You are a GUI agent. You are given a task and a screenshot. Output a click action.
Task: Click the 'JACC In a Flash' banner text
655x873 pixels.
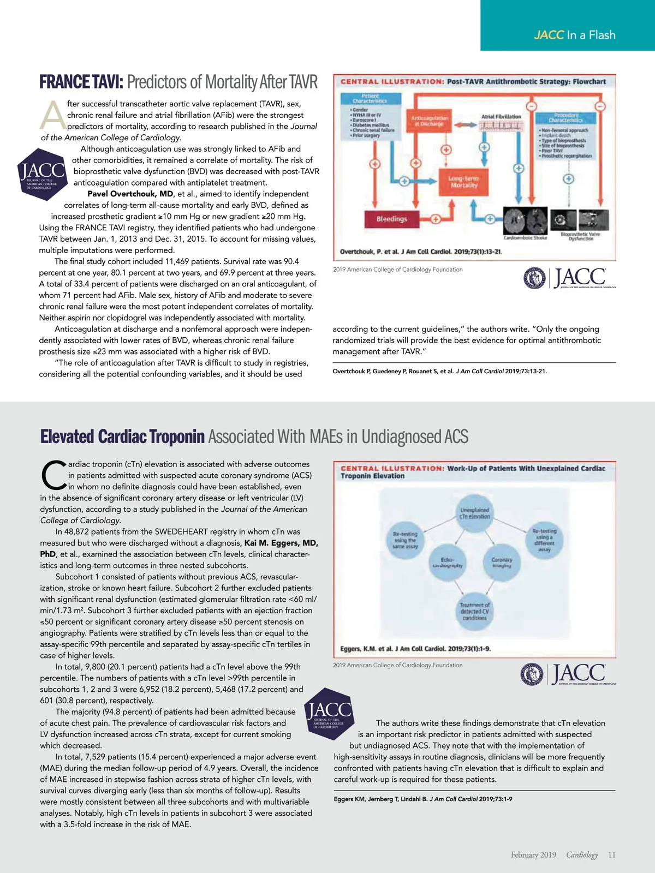(x=574, y=35)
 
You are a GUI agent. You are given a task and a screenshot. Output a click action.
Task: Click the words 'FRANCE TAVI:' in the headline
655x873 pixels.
(x=81, y=82)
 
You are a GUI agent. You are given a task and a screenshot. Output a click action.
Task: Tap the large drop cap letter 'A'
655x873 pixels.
(x=53, y=115)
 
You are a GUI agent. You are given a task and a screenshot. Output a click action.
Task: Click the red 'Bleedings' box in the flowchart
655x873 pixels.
(x=391, y=219)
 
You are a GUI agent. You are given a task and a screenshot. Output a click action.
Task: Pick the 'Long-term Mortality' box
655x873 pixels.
(x=463, y=182)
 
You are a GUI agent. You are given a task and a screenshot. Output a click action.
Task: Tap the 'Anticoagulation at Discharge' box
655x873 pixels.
(x=430, y=121)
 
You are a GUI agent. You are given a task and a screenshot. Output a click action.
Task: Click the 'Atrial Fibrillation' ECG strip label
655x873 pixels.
(x=501, y=116)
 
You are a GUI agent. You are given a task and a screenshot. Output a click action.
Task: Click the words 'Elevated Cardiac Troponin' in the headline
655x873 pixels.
(x=122, y=436)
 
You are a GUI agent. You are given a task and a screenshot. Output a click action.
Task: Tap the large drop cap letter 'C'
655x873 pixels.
(x=53, y=475)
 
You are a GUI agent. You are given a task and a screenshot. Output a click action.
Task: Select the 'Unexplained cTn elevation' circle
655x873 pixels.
(x=474, y=513)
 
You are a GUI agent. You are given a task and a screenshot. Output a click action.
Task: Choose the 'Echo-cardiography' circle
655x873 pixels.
(x=448, y=563)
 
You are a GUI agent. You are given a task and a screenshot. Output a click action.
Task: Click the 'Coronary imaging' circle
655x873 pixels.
(x=501, y=563)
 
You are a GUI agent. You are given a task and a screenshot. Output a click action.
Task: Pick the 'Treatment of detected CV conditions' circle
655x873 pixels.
(x=474, y=611)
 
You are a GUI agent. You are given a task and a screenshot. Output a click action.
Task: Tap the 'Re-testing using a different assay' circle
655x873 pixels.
(x=544, y=540)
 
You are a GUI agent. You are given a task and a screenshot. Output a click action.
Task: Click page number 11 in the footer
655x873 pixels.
(x=611, y=855)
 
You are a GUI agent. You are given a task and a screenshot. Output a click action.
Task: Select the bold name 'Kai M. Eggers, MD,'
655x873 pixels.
(x=281, y=543)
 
